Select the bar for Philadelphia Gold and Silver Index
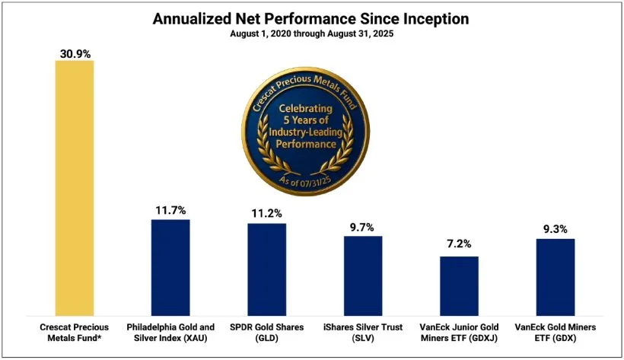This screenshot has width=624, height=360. click(170, 267)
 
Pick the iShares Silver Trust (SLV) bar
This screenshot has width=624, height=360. click(363, 276)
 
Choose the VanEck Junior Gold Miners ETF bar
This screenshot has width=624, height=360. click(459, 285)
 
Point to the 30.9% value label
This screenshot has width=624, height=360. click(74, 53)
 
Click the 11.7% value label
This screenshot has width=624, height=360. click(170, 210)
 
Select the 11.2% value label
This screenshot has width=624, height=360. click(266, 214)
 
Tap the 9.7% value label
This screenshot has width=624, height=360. click(363, 227)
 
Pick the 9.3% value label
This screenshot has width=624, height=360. click(556, 229)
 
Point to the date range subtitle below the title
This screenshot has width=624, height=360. click(311, 34)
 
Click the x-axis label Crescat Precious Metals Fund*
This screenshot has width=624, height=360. click(74, 332)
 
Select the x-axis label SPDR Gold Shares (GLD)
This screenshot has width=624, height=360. click(266, 332)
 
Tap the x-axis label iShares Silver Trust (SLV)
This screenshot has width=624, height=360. click(363, 332)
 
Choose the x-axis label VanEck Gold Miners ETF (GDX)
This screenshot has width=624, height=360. click(556, 332)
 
